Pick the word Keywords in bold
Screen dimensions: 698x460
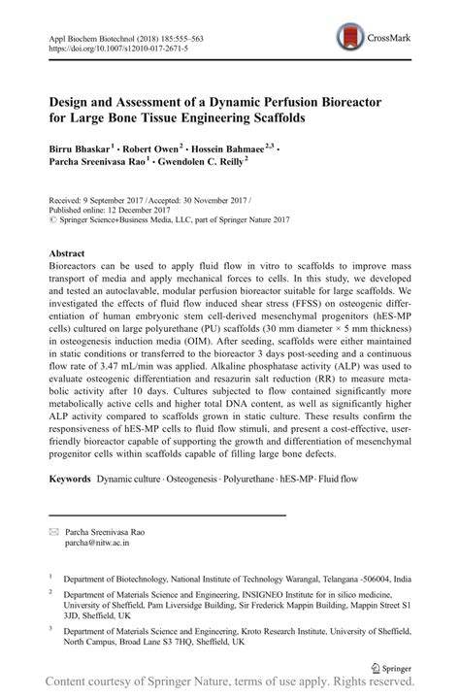coord(71,480)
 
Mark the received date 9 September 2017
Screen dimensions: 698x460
coord(117,196)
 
